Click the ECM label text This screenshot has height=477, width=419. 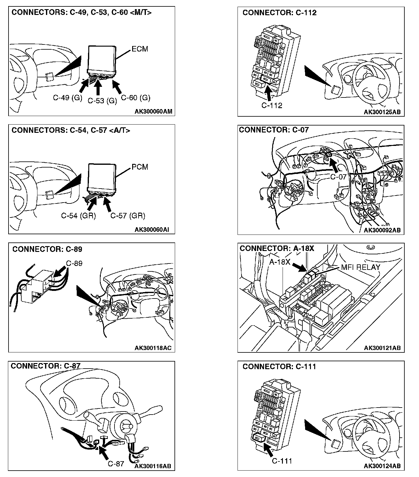tap(140, 49)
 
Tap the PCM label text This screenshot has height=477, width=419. tap(140, 167)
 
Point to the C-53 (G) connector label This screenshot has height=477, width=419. tap(102, 101)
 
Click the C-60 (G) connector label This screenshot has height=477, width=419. tap(136, 97)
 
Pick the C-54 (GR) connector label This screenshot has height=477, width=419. tap(79, 216)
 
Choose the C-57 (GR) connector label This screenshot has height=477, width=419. tap(128, 216)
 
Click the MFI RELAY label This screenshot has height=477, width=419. tap(361, 267)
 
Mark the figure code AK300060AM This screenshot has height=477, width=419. tap(153, 111)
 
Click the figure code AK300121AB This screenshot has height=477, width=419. tap(382, 348)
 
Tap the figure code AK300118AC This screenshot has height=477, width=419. tap(153, 348)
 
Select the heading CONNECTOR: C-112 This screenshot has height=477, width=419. tap(279, 13)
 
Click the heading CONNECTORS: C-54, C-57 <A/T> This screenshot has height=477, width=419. tap(71, 130)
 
